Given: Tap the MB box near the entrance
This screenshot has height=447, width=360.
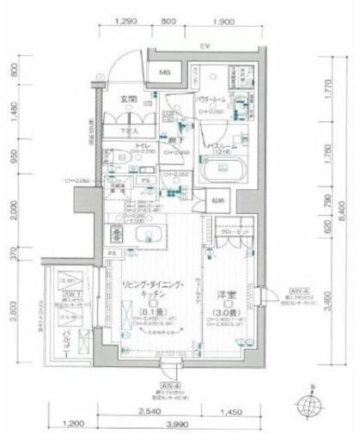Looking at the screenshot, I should pyautogui.click(x=163, y=75).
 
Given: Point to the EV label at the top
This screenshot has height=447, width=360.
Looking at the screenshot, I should pyautogui.click(x=206, y=46).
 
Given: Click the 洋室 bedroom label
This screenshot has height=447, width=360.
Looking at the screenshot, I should pyautogui.click(x=225, y=291).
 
